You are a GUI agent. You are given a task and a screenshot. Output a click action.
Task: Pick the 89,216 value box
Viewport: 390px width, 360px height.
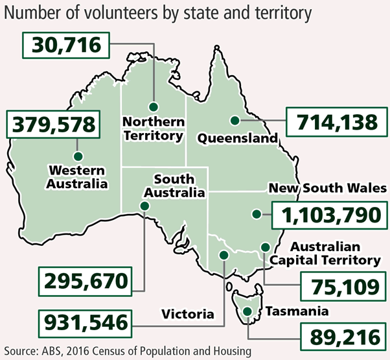tap(341, 336)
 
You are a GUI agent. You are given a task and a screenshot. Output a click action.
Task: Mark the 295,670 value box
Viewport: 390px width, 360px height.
tap(85, 282)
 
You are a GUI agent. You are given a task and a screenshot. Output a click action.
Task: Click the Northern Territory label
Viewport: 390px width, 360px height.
tap(154, 128)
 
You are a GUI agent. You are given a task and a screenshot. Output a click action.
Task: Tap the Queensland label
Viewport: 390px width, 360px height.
tap(237, 138)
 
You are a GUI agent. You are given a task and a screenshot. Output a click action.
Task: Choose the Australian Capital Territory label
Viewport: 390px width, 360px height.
tap(334, 254)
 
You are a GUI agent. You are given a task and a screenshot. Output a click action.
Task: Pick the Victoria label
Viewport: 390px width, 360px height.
tap(187, 314)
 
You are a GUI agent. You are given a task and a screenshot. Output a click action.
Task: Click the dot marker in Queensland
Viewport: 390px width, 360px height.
tap(235, 120)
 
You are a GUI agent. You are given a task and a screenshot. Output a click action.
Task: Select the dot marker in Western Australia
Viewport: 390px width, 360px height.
tap(78, 156)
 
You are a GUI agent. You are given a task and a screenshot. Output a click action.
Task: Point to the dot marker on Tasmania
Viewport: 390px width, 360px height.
tap(248, 313)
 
